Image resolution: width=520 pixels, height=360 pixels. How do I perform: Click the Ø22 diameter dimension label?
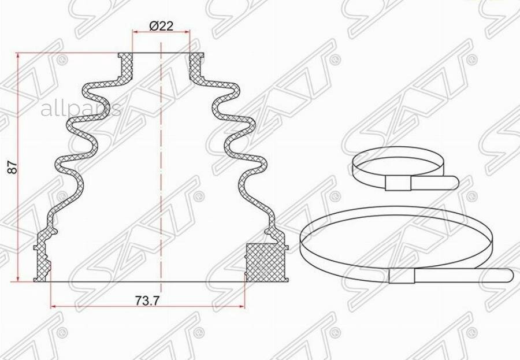pos(161,26)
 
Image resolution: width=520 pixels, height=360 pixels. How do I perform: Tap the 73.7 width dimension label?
pos(147,300)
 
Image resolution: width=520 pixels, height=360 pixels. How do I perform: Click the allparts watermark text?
pos(80,108)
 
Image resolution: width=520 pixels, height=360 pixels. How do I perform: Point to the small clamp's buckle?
pos(398,184)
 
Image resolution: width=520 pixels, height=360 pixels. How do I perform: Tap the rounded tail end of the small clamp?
pos(454,183)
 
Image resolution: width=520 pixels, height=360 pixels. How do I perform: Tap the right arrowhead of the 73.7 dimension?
pos(243,306)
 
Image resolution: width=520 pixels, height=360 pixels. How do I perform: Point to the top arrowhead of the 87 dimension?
pos(20,57)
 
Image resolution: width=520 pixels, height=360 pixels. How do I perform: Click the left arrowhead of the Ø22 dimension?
pos(136,33)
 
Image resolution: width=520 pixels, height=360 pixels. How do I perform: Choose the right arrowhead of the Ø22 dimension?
pos(187,33)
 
